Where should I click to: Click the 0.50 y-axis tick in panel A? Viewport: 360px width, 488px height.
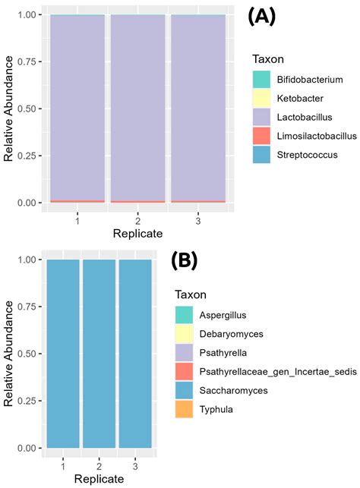pos(28,109)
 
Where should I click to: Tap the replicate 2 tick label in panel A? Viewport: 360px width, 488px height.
pos(137,218)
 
